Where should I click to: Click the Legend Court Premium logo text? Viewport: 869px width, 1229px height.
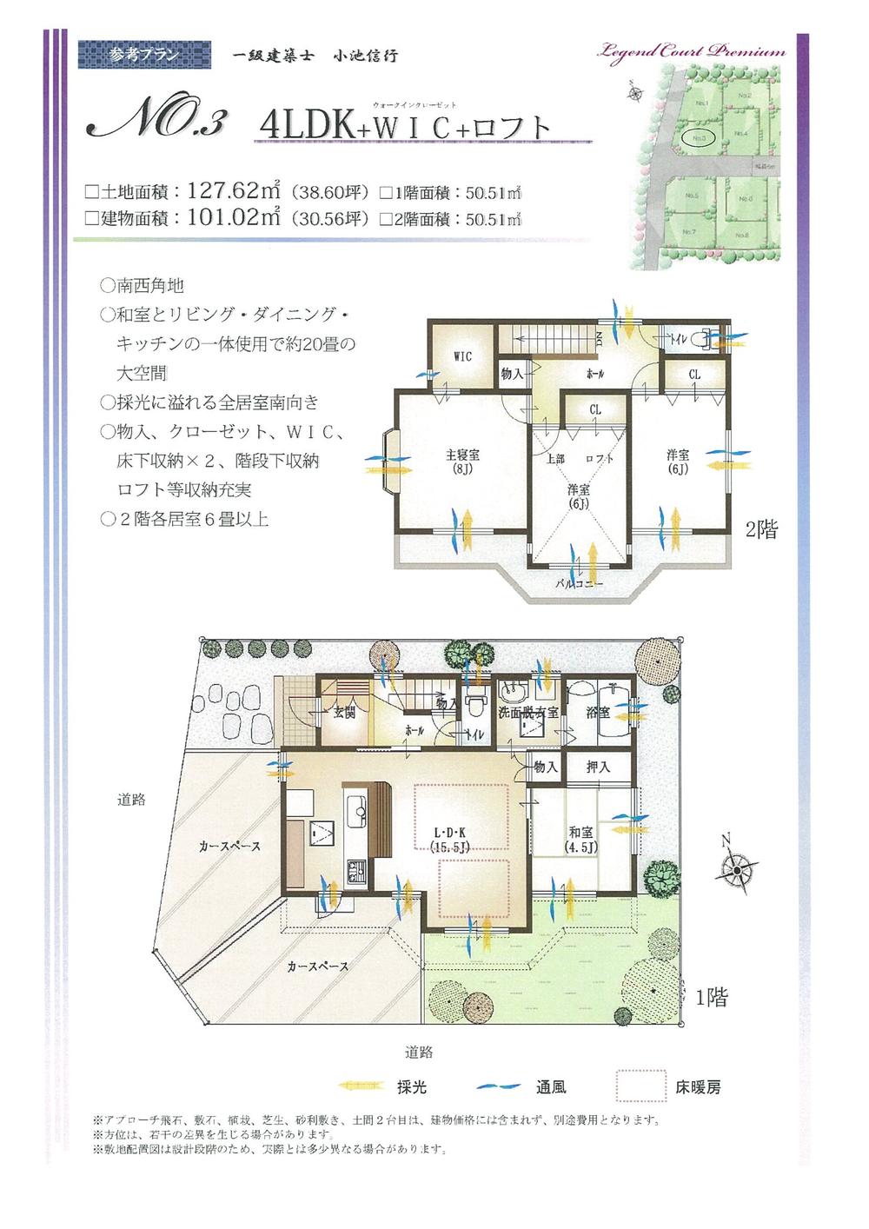(x=691, y=50)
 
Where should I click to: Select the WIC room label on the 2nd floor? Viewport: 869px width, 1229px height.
(x=462, y=356)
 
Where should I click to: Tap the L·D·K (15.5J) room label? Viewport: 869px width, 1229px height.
(x=451, y=838)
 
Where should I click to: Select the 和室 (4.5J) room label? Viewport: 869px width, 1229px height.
(x=580, y=838)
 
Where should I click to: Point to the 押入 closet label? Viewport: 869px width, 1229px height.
(x=598, y=767)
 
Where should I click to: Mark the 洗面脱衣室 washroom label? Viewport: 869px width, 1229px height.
(x=527, y=713)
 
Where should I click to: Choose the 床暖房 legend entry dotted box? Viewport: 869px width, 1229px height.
(x=640, y=1086)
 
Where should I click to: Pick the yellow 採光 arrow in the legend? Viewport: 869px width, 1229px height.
(x=362, y=1086)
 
